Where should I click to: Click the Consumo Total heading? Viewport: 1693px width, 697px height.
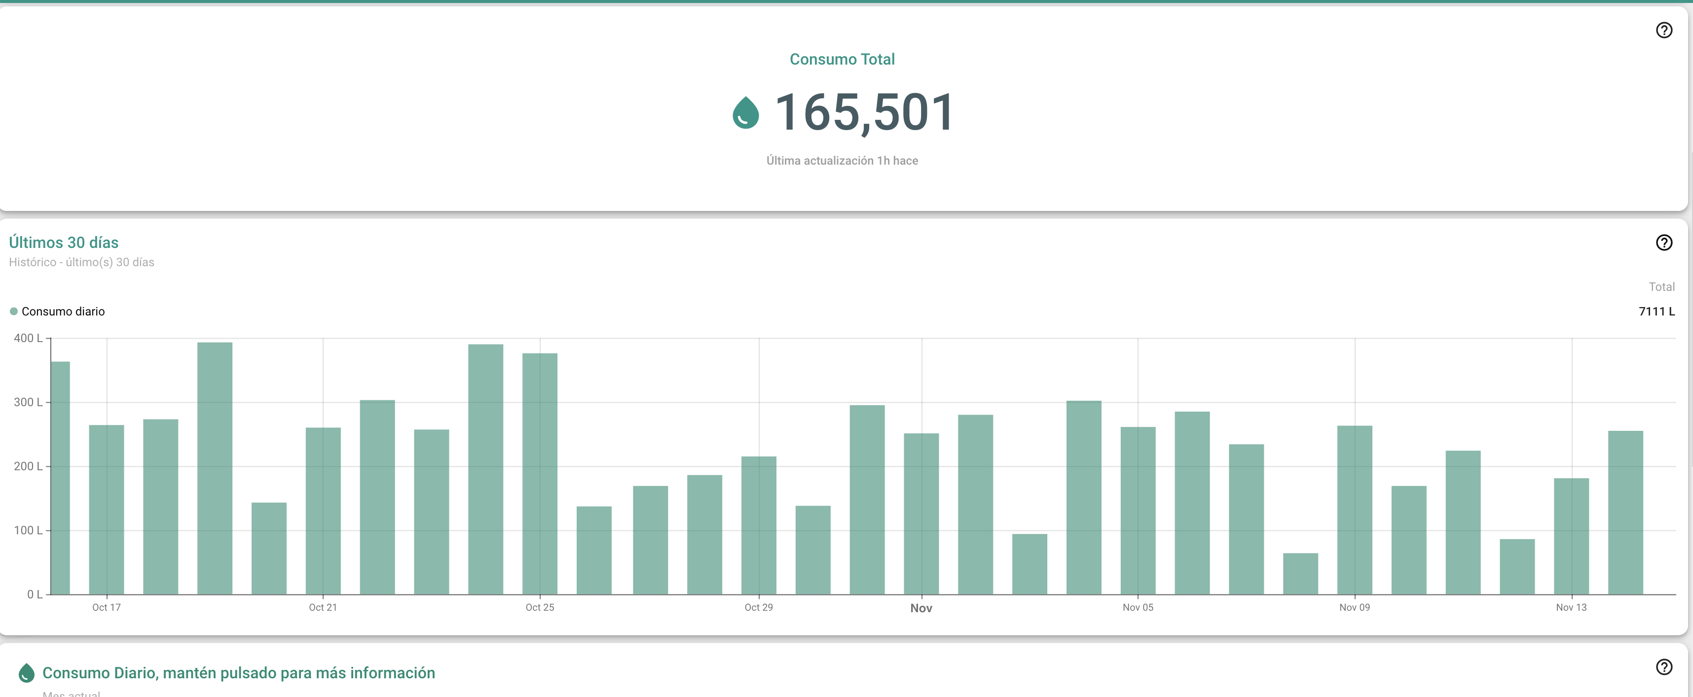pyautogui.click(x=842, y=59)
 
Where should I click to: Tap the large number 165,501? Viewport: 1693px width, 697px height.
pyautogui.click(x=864, y=112)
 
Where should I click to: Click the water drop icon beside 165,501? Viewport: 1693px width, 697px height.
pyautogui.click(x=745, y=112)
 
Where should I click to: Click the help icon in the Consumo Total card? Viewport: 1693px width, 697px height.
pyautogui.click(x=1663, y=30)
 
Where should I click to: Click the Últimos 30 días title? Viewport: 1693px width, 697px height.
pyautogui.click(x=64, y=243)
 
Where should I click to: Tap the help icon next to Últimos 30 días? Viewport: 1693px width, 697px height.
pyautogui.click(x=1663, y=243)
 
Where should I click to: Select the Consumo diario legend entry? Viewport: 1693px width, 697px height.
pyautogui.click(x=63, y=312)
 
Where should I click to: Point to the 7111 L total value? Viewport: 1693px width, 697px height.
pyautogui.click(x=1656, y=312)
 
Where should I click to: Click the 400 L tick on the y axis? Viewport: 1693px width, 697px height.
pyautogui.click(x=28, y=338)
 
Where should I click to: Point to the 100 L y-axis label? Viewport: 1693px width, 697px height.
pyautogui.click(x=28, y=530)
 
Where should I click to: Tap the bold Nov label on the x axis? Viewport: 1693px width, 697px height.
pyautogui.click(x=921, y=608)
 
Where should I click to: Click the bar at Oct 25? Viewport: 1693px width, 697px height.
pyautogui.click(x=540, y=473)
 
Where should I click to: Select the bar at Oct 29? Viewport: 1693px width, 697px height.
pyautogui.click(x=758, y=525)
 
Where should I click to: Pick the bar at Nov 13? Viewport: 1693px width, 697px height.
pyautogui.click(x=1571, y=536)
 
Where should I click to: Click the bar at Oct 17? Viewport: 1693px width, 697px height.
pyautogui.click(x=107, y=510)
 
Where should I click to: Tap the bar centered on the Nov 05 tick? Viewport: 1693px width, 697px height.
pyautogui.click(x=1138, y=511)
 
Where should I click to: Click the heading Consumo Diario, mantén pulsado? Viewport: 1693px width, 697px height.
pyautogui.click(x=238, y=673)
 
